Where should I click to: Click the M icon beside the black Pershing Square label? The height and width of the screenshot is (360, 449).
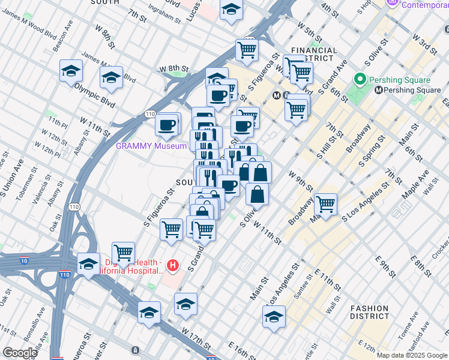[x=379, y=91]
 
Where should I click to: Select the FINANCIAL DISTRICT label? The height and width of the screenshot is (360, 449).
[x=313, y=55]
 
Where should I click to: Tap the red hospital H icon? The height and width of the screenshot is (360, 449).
[x=173, y=265]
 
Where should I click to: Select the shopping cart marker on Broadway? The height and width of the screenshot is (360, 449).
[x=325, y=204]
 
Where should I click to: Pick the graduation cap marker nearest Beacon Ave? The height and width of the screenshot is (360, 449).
[x=71, y=71]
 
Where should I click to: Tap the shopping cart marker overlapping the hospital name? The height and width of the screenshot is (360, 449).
[x=123, y=253]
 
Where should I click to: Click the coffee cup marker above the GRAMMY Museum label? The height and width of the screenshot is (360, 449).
[x=167, y=125]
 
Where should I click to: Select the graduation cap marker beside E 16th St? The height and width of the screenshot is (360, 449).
[x=274, y=317]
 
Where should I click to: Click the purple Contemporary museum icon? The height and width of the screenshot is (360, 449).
[x=394, y=4]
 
